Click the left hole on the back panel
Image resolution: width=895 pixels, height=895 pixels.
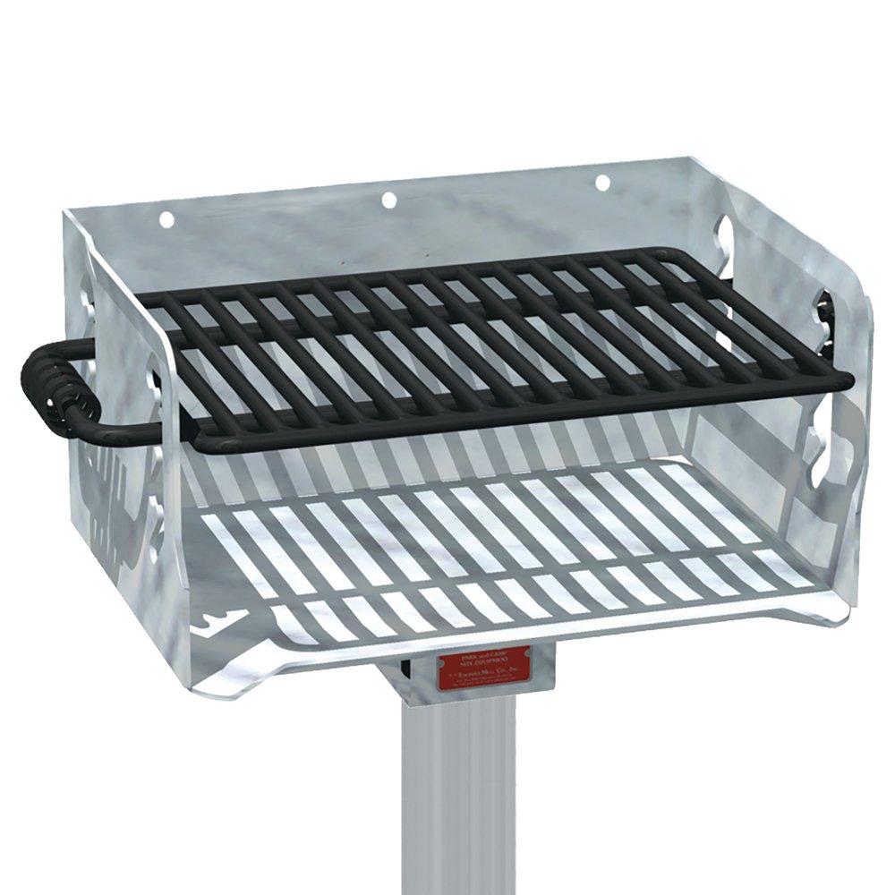tap(166, 217)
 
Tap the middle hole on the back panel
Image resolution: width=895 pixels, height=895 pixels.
tap(388, 200)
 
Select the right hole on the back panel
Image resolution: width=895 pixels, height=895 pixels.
tap(602, 183)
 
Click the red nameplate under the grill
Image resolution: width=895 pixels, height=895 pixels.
tap(483, 670)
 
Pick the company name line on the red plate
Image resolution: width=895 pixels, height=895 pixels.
tap(484, 676)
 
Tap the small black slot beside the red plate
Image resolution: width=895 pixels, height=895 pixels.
tap(405, 666)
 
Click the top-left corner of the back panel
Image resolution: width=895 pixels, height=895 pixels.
tap(68, 212)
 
